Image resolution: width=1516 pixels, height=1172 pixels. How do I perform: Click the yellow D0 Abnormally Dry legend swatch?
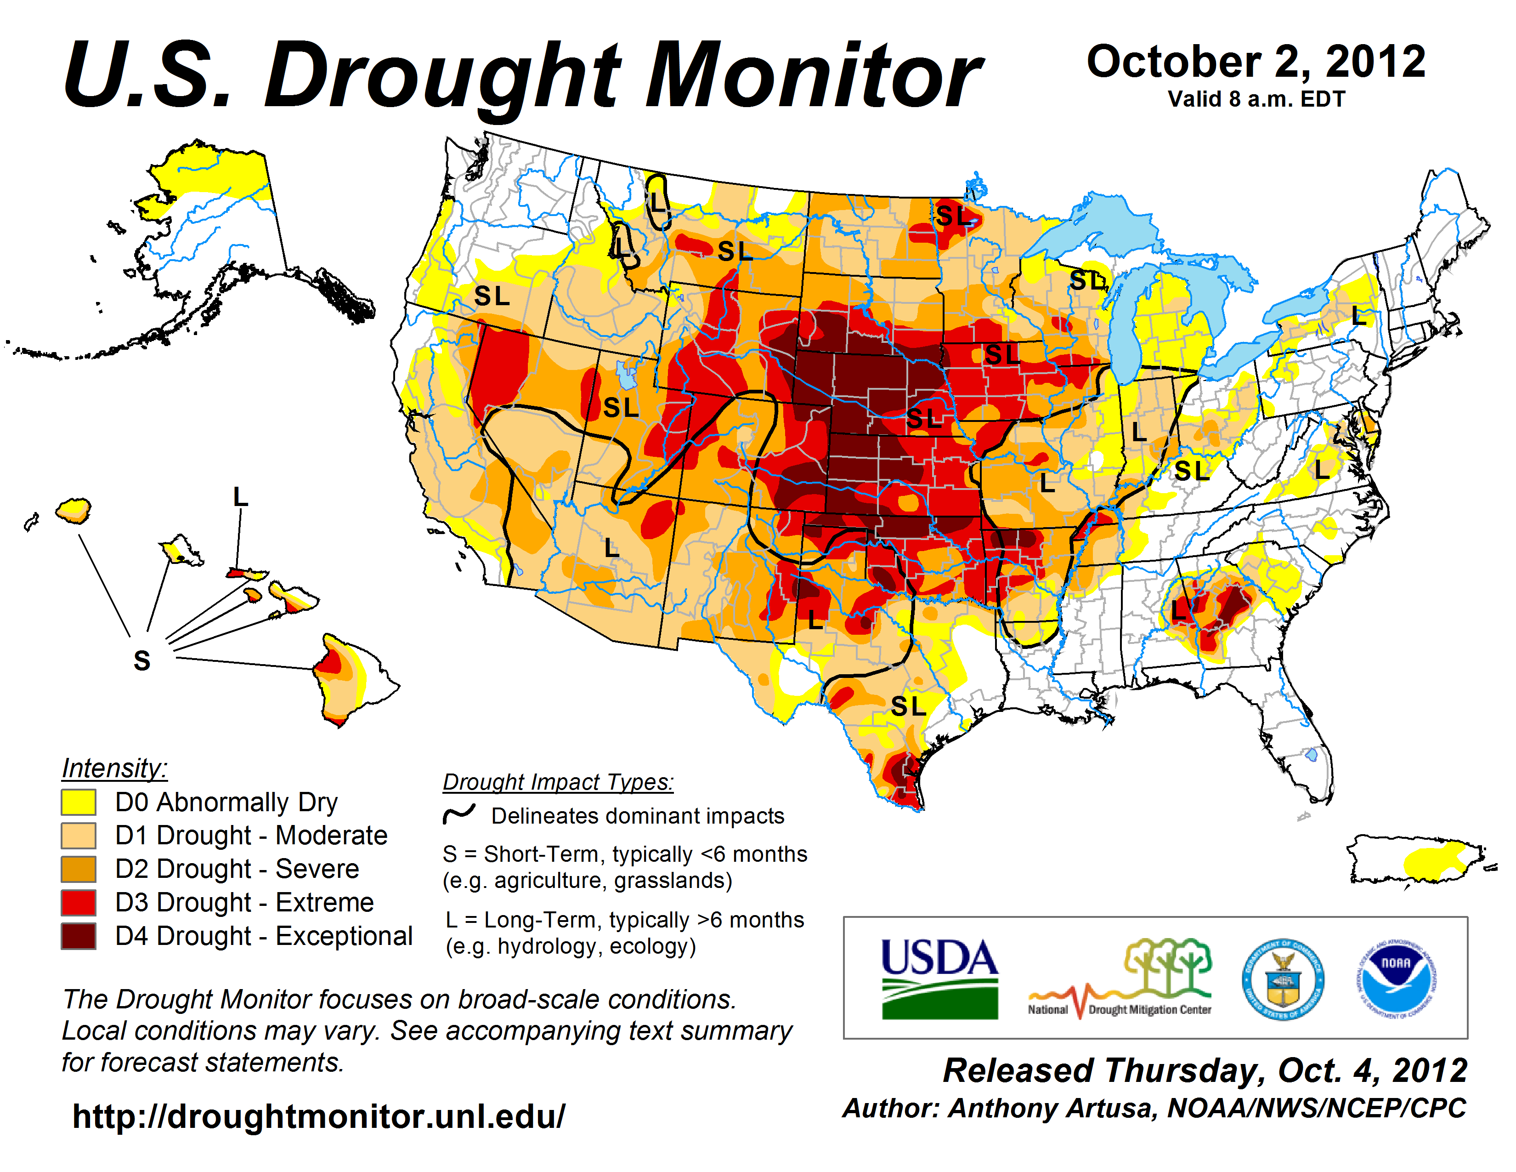79,802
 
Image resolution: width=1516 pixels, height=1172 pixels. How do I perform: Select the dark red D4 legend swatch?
79,936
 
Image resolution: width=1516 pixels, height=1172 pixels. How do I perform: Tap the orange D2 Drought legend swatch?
79,869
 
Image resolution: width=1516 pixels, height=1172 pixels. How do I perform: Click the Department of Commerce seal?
1283,979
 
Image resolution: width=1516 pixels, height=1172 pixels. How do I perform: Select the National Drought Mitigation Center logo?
1120,979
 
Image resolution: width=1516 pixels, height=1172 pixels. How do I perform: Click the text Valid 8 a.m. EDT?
1256,99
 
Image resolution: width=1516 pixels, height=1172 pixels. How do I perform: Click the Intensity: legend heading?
114,768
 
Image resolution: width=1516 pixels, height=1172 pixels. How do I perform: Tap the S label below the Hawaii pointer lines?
141,661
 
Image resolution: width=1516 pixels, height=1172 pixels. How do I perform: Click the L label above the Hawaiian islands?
240,497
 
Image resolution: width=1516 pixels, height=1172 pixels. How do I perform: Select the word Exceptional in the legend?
344,936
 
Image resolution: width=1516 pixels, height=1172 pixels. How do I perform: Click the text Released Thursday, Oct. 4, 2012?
1205,1070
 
